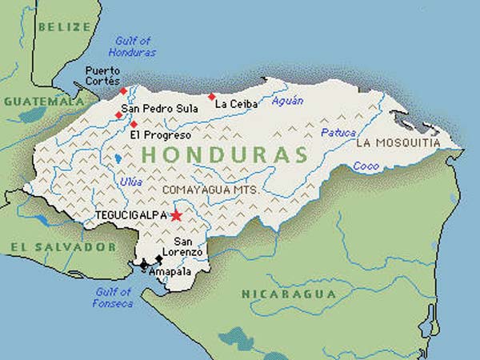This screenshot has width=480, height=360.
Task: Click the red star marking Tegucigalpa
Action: pyautogui.click(x=176, y=215)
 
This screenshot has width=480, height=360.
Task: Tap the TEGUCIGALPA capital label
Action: pyautogui.click(x=130, y=216)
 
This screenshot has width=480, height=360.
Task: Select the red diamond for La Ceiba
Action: pyautogui.click(x=212, y=97)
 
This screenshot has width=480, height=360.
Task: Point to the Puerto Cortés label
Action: pyautogui.click(x=102, y=76)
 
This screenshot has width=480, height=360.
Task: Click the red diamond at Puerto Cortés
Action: pyautogui.click(x=123, y=90)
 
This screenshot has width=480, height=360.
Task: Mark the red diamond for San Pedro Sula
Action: pyautogui.click(x=118, y=115)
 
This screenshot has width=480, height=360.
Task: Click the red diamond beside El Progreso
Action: pyautogui.click(x=134, y=124)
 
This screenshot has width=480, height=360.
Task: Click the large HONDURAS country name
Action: pyautogui.click(x=223, y=155)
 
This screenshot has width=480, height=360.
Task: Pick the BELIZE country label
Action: pyautogui.click(x=62, y=26)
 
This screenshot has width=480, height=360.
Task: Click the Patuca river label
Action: pyautogui.click(x=338, y=133)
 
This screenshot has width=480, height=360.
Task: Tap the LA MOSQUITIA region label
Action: pyautogui.click(x=398, y=143)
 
